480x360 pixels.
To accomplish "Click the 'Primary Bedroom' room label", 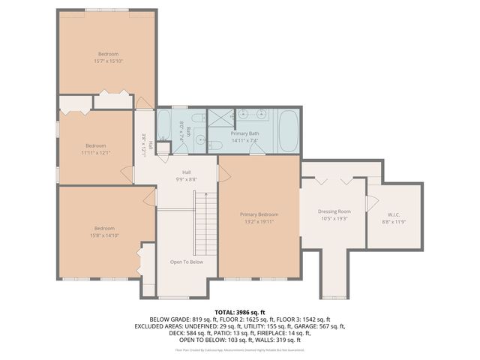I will point(259,214).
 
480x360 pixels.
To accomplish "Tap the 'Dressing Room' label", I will point(334,211).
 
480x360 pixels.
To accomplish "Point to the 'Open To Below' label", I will point(187,262).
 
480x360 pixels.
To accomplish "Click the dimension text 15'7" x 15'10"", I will point(109,61).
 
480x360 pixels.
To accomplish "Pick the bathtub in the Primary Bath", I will point(289,130).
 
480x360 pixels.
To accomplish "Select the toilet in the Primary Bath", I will point(214,145).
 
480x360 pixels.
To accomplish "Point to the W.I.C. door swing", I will point(370,202).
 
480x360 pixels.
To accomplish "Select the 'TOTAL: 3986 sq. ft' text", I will point(240,311).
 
